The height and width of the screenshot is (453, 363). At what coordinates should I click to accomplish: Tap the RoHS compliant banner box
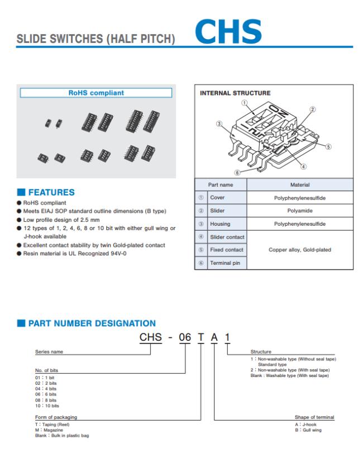click(x=96, y=93)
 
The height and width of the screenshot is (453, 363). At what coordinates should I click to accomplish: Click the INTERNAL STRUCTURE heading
click(x=235, y=93)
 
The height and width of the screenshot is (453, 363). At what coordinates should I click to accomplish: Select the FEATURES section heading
click(x=51, y=192)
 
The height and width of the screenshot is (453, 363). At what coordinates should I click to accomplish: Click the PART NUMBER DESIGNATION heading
click(x=92, y=323)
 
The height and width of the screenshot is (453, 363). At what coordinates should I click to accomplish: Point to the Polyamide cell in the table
click(x=300, y=211)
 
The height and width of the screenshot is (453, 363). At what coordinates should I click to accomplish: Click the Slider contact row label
click(x=227, y=237)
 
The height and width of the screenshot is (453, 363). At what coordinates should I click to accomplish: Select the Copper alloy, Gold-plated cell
click(x=300, y=250)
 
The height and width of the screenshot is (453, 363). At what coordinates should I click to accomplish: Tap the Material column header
click(x=300, y=184)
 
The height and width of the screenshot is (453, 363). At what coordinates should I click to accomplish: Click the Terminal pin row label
click(x=226, y=263)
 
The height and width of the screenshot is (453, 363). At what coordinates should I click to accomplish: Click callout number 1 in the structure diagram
click(x=244, y=103)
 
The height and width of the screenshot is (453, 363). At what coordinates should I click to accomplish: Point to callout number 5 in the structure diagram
click(x=328, y=147)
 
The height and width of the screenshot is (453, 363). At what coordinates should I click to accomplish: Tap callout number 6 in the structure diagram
click(x=237, y=173)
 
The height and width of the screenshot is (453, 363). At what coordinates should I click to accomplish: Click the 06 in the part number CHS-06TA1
click(x=184, y=337)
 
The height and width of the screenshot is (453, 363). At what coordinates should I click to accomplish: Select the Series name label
click(x=49, y=352)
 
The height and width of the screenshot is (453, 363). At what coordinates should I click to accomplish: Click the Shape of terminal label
click(x=314, y=417)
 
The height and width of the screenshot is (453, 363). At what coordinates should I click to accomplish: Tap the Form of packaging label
click(x=56, y=417)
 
